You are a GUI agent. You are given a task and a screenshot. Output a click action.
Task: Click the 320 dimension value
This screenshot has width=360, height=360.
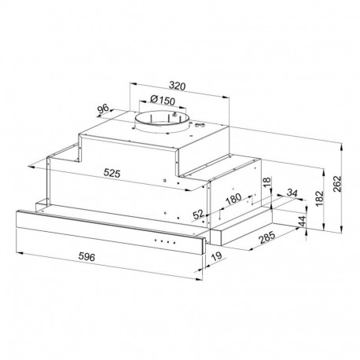pos(177,86)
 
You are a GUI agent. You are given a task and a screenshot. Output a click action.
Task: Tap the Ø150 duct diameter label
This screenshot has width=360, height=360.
pos(163,100)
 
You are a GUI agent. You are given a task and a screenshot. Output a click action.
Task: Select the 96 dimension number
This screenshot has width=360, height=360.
pos(103,109)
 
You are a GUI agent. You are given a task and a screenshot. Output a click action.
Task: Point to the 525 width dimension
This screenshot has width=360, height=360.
pos(112,173)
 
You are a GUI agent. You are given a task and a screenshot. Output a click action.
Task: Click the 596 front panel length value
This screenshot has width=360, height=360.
pos(86,257)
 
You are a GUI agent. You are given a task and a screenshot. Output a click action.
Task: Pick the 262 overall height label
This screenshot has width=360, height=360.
pos(338,184)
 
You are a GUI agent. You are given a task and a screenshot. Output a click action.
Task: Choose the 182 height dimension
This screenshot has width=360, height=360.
pos(320,199)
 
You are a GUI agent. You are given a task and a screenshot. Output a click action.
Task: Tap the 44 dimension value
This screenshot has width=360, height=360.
pos(303,222)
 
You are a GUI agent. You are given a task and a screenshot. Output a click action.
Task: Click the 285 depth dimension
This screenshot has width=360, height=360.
pos(267,237)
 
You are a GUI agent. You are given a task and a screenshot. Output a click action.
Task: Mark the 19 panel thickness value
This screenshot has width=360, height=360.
pos(216,256)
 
